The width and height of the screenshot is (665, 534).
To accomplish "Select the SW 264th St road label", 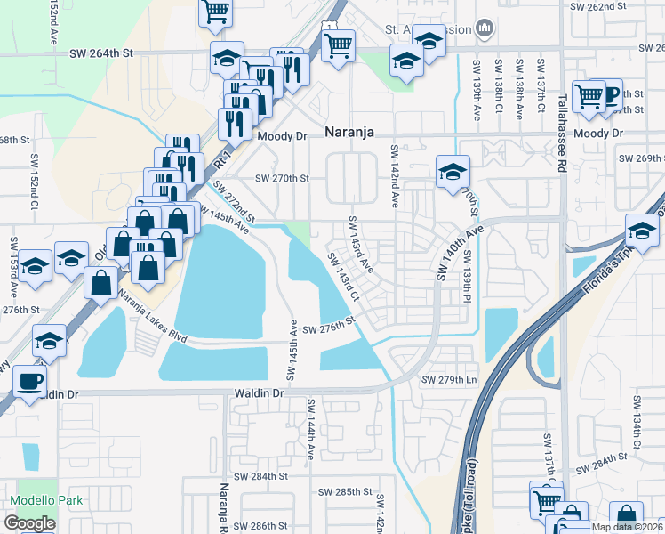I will (x=101, y=53).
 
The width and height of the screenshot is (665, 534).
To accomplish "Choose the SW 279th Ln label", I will (x=449, y=380).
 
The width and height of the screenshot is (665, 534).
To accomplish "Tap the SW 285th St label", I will (x=345, y=492).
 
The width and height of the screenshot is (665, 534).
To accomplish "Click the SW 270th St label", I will (x=282, y=178).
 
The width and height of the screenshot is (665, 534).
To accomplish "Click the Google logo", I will (x=30, y=523).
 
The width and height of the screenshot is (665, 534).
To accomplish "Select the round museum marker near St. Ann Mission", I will (x=485, y=29).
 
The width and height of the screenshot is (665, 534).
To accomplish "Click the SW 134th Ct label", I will (x=637, y=431).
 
